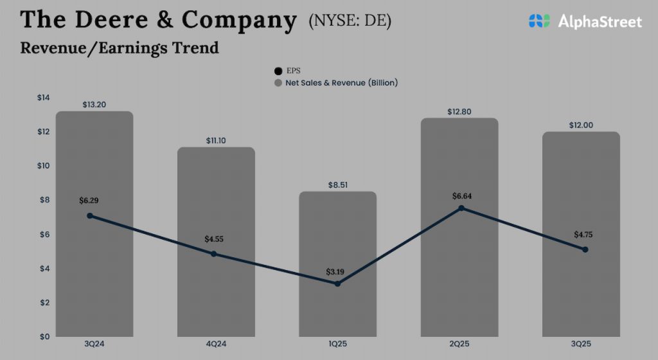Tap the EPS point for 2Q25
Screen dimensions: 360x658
pos(461,208)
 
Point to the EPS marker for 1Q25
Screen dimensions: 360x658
pos(337,283)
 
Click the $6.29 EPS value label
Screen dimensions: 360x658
pos(89,201)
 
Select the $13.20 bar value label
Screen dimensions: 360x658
pos(94,104)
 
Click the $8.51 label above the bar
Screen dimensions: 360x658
pos(337,184)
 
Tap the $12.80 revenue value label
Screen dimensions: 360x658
pos(459,112)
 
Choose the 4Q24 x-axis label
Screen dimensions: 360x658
pos(216,345)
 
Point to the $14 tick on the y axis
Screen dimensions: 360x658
pos(43,98)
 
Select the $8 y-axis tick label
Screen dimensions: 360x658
pos(44,200)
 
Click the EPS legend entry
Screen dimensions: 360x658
pos(287,71)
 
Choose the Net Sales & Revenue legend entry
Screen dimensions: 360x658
pos(336,83)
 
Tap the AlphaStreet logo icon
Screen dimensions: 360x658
pos(540,21)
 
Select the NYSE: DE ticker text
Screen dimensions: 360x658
pos(350,21)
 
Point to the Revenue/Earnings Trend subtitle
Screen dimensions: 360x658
pos(119,48)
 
